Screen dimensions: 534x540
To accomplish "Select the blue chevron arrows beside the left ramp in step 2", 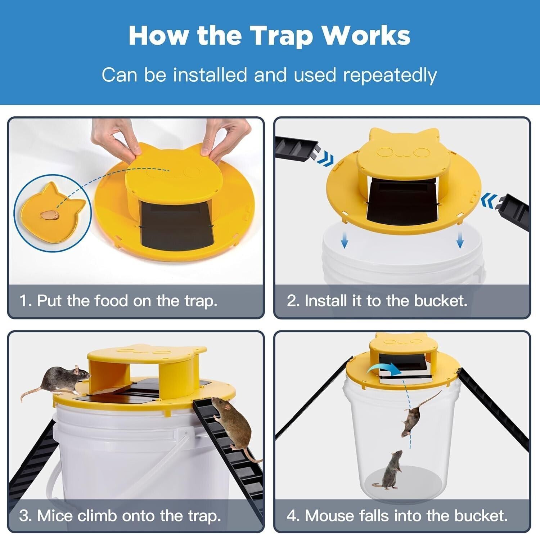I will coord(325,158).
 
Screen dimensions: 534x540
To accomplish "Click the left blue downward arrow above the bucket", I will coord(344,240).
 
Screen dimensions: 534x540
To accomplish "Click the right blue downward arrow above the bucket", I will coord(460,240).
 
